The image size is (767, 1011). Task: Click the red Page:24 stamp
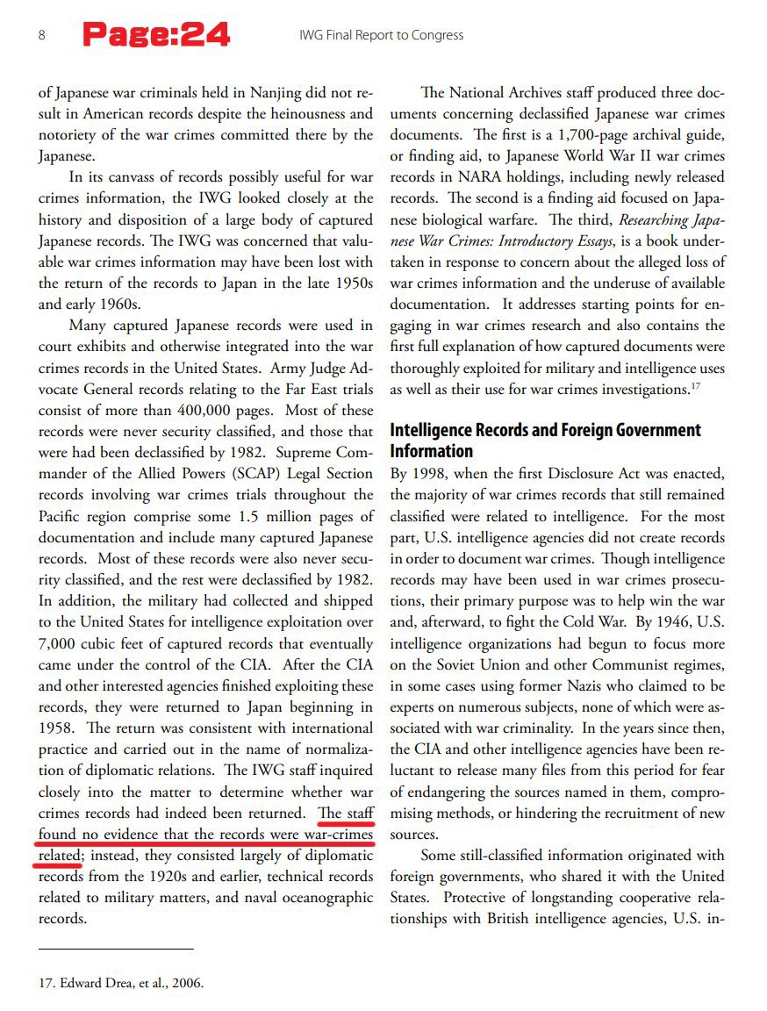pos(156,35)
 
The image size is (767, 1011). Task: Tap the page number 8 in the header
pos(42,35)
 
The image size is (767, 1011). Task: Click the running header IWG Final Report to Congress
pos(382,35)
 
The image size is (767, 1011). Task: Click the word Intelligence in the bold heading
pos(433,430)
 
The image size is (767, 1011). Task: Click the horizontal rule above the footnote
pos(116,949)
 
